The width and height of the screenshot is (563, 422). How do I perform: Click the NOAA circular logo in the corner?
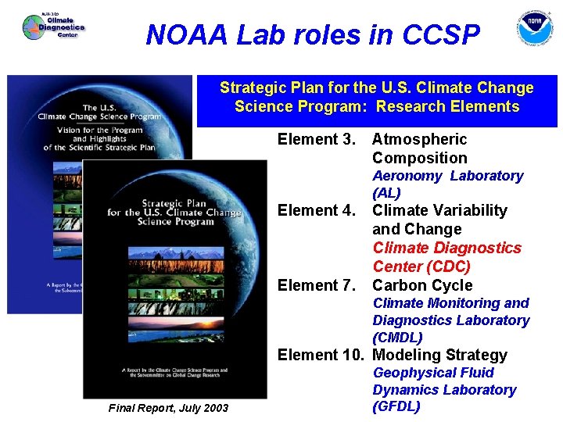point(534,29)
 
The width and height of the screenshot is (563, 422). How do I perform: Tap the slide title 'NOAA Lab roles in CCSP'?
point(313,34)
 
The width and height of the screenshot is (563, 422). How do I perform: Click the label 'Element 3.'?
point(317,139)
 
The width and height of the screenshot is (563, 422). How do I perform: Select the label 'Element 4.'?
point(317,210)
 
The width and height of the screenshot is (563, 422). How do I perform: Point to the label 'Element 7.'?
point(317,285)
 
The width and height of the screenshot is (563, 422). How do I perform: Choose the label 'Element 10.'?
point(321,355)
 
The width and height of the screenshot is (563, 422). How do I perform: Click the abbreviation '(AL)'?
point(386,193)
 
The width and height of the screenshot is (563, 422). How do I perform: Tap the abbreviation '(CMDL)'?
point(397,338)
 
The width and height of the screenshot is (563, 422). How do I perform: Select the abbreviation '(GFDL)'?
point(396,406)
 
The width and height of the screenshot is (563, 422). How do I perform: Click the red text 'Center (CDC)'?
point(421,266)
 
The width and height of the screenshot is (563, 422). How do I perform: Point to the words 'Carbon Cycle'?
point(422,285)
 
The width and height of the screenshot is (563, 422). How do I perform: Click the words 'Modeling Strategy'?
point(439,355)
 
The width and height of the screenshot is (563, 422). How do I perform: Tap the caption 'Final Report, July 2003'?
point(169,407)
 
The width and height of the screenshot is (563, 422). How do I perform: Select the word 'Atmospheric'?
point(419,139)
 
